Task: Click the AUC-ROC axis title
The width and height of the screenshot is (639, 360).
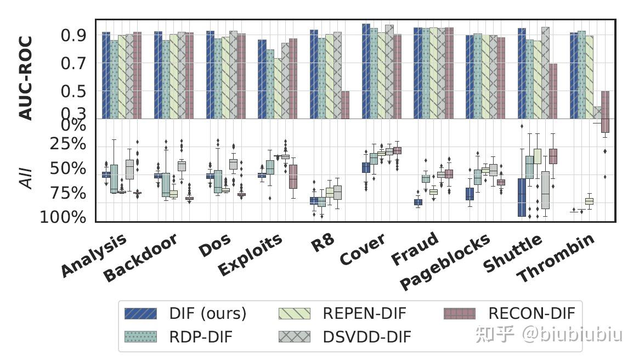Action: click(26, 78)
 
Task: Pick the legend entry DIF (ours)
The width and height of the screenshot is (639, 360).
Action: click(186, 313)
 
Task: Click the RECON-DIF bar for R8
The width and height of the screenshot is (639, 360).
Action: click(345, 105)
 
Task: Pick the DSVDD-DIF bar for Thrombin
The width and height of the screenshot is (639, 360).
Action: click(597, 113)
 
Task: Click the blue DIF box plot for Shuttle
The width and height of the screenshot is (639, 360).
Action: click(522, 198)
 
